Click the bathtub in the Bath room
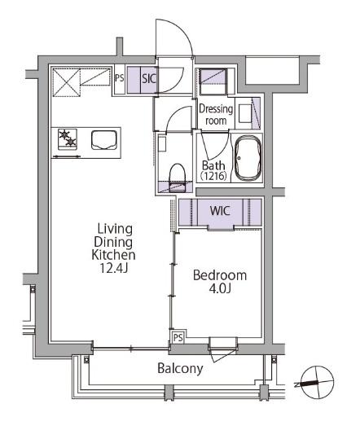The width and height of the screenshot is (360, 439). [x=248, y=159]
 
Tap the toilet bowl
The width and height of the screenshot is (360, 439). [x=178, y=178]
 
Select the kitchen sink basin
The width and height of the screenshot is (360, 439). [x=104, y=140]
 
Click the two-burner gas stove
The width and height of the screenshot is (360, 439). [x=68, y=138]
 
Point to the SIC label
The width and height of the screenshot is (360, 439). [x=149, y=79]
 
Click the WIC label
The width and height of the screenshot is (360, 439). [x=220, y=210]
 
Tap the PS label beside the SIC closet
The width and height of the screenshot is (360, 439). [x=120, y=78]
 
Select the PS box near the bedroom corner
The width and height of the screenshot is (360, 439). [x=178, y=337]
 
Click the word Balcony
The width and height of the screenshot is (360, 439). [x=180, y=368]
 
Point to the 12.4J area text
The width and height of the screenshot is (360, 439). [x=114, y=269]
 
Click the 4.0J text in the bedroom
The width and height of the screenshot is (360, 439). [x=220, y=288]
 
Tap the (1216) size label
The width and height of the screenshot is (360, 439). [x=213, y=176]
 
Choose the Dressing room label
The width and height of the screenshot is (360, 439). [x=216, y=115]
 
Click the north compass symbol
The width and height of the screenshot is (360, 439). [x=318, y=382]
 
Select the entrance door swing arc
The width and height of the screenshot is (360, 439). [x=182, y=31]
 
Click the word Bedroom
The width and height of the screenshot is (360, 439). [x=220, y=275]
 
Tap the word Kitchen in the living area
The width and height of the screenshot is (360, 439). [x=114, y=255]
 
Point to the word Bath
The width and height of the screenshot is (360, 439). [x=213, y=166]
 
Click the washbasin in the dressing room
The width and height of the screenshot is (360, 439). [x=245, y=113]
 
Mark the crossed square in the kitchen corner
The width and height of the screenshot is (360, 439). [x=67, y=82]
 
